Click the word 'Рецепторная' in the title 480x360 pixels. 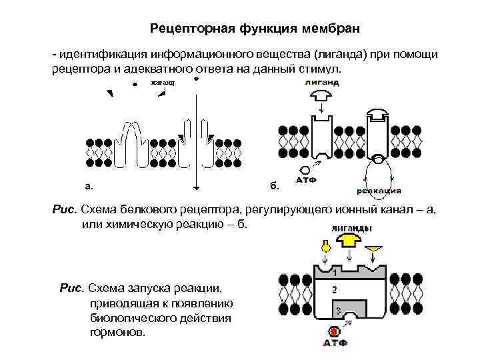point(190,29)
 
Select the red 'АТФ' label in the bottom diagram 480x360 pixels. point(335,343)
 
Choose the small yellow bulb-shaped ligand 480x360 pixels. point(325,246)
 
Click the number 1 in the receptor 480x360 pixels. point(333,272)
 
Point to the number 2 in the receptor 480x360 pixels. point(334,289)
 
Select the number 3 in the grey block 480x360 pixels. point(339,311)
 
